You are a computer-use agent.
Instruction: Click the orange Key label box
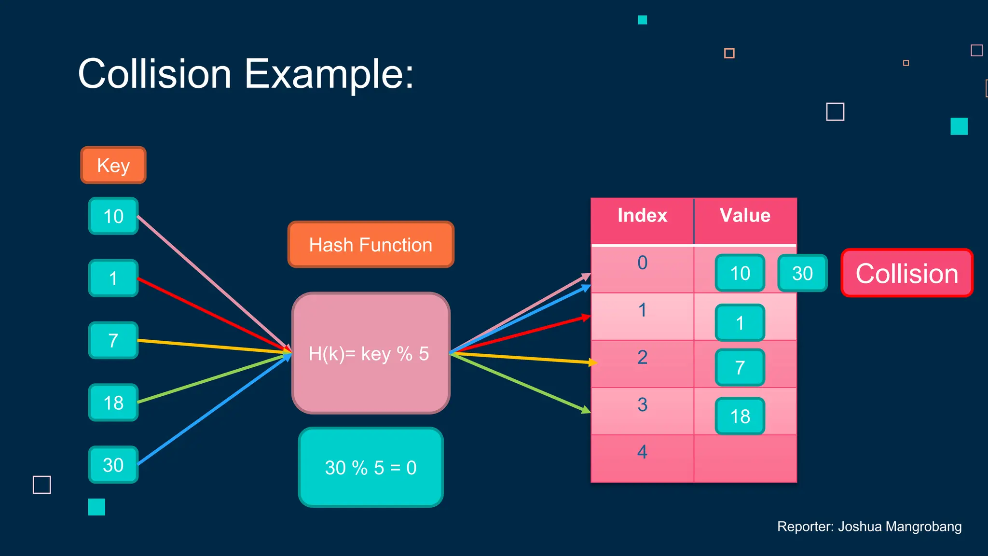(113, 165)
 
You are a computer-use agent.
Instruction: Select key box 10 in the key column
(113, 216)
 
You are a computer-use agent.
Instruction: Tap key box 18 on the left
(113, 403)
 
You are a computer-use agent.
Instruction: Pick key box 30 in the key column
(113, 465)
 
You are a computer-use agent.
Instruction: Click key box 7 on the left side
(113, 340)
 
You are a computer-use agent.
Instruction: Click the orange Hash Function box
(370, 245)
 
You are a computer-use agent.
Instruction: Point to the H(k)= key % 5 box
(370, 353)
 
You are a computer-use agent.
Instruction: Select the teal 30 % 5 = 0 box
(370, 467)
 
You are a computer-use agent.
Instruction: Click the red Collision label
(906, 273)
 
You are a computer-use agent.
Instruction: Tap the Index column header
(642, 215)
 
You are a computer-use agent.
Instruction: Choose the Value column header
(745, 215)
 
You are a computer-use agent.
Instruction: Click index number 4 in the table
(642, 452)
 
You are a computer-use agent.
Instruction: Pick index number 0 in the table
(642, 263)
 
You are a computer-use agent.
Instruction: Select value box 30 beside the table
(802, 273)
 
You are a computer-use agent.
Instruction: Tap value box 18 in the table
(740, 416)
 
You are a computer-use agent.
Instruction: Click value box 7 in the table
(740, 367)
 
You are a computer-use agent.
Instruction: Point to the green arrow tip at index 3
(587, 411)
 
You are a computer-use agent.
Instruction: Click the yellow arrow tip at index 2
(594, 362)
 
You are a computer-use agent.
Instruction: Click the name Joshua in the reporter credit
(860, 527)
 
